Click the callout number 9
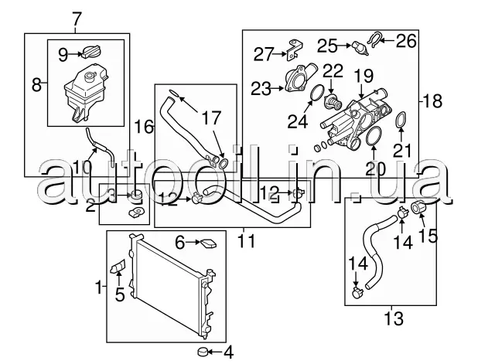click(x=63, y=55)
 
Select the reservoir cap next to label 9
click(x=91, y=52)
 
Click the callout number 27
click(x=263, y=54)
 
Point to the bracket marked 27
click(x=294, y=49)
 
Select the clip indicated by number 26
click(x=374, y=39)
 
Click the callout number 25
click(x=327, y=46)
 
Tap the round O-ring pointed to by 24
click(x=316, y=93)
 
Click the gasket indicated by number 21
click(x=401, y=121)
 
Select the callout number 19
click(x=364, y=77)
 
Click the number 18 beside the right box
click(x=432, y=101)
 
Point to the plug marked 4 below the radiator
click(x=203, y=351)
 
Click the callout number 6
click(x=179, y=243)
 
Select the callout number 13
click(x=394, y=318)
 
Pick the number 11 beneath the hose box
click(x=246, y=241)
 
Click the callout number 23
click(x=261, y=89)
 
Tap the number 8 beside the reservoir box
click(x=36, y=84)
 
